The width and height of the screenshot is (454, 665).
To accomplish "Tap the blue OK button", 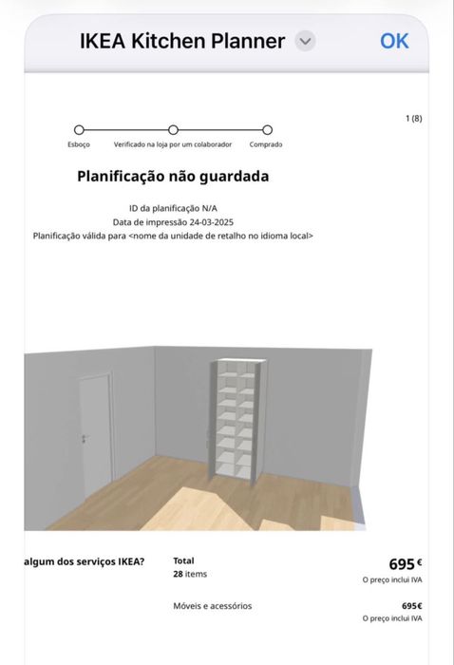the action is (394, 41).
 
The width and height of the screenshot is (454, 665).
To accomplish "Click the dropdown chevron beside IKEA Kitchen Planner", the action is (305, 41).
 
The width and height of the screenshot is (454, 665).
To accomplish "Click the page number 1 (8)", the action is (413, 118).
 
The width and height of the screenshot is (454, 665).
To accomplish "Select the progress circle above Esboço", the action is (79, 129).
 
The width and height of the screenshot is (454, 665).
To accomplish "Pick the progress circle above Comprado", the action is (267, 129).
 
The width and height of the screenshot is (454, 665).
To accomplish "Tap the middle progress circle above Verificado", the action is (173, 129).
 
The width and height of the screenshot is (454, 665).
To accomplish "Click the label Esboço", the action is (79, 144).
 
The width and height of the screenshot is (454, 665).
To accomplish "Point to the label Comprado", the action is (266, 144).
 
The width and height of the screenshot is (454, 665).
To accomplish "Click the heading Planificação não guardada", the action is (173, 177).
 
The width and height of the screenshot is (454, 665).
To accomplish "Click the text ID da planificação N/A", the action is (173, 208).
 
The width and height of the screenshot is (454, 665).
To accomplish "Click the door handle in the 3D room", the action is (85, 439).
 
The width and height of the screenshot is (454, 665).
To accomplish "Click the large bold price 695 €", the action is (405, 564).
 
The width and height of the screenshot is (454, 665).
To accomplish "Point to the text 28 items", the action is (190, 575).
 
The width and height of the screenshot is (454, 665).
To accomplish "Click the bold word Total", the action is (183, 561).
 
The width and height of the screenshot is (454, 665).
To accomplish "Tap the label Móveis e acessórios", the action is (213, 606).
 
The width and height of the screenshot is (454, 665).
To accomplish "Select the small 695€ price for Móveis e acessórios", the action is (411, 606).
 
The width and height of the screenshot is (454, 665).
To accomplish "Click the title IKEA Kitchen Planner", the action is (182, 41).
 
